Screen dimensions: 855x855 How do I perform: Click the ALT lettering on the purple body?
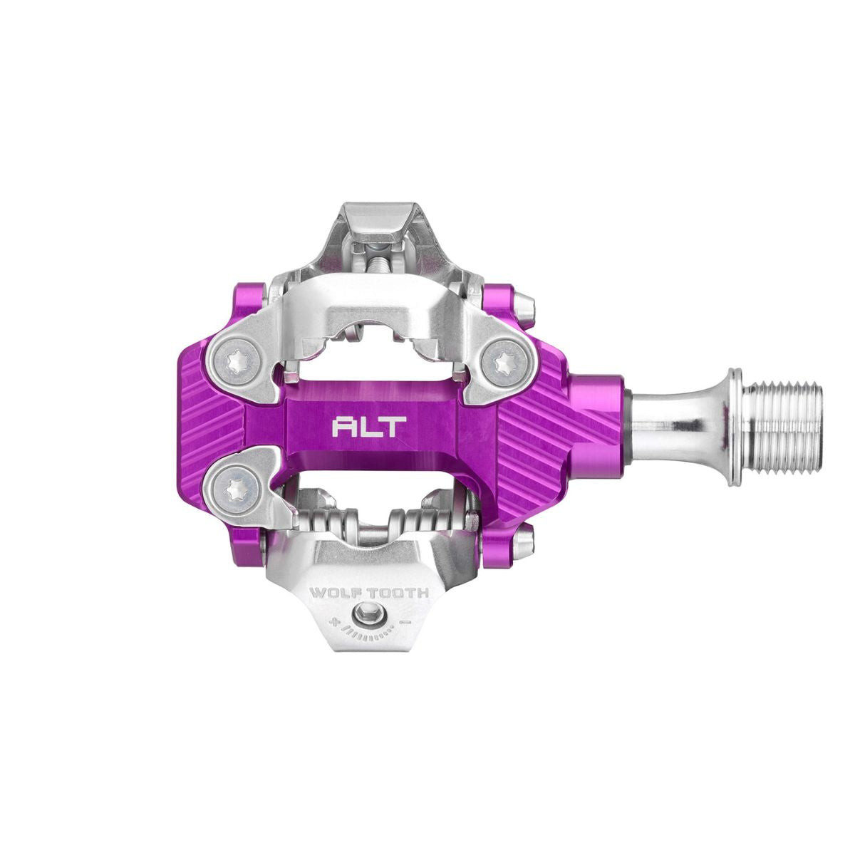369,427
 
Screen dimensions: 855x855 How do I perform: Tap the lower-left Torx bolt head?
231,486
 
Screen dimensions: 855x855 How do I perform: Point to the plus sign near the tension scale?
333,621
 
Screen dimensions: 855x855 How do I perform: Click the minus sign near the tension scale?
405,621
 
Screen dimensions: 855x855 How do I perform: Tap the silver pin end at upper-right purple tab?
526,304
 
